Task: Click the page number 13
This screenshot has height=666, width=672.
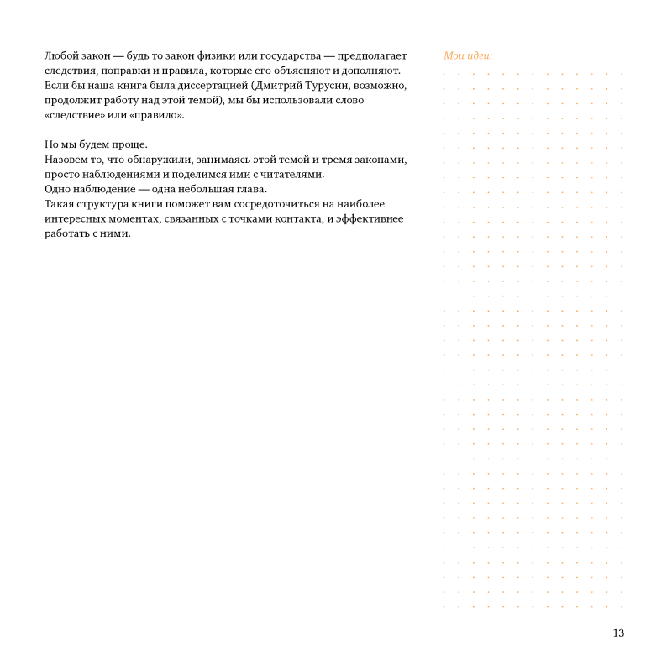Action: coord(618,633)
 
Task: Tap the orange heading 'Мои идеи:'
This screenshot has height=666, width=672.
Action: coord(468,56)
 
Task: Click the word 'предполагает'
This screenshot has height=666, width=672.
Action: coord(372,56)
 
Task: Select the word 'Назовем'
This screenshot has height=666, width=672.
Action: coord(66,160)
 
